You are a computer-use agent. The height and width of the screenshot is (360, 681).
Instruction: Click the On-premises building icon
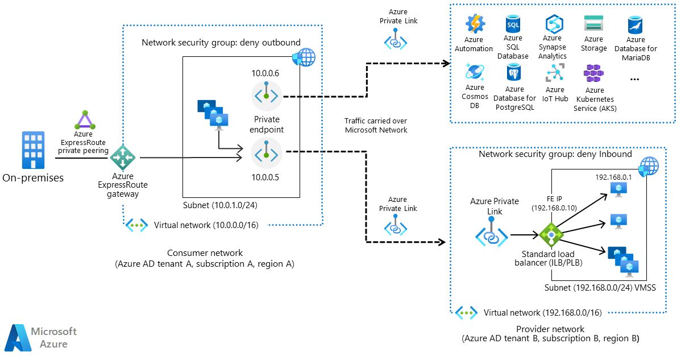33,150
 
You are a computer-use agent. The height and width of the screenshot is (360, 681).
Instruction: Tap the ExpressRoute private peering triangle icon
84,120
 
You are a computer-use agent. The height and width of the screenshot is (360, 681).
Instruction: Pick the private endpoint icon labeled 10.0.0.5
267,153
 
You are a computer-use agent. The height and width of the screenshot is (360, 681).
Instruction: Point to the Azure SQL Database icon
513,25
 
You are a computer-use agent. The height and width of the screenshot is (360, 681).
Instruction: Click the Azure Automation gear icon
474,24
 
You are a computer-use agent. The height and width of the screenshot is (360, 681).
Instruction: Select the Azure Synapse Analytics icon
553,24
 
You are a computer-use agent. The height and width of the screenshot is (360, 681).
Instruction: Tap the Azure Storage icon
593,24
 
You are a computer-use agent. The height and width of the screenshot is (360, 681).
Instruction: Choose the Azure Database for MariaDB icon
635,26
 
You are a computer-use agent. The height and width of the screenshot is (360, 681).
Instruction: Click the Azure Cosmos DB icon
474,73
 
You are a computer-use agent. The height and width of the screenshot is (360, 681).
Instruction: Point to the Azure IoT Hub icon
554,73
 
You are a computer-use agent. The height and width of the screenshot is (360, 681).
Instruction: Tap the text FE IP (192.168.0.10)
554,204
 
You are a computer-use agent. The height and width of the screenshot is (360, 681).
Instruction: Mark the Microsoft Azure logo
40,337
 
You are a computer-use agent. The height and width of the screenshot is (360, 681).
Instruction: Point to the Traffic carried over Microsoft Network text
376,125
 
